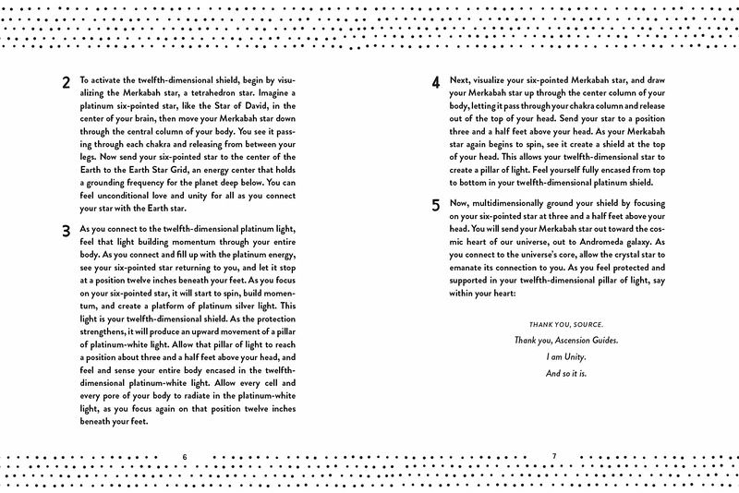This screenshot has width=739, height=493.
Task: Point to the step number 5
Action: pos(436,206)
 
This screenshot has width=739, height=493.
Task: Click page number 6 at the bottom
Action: pos(185,456)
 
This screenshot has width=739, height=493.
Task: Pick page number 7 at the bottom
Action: pos(553,456)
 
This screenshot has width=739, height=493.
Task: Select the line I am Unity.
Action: pos(553,357)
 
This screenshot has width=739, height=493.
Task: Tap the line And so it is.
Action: pos(553,374)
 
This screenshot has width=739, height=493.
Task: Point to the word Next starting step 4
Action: pos(461,79)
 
